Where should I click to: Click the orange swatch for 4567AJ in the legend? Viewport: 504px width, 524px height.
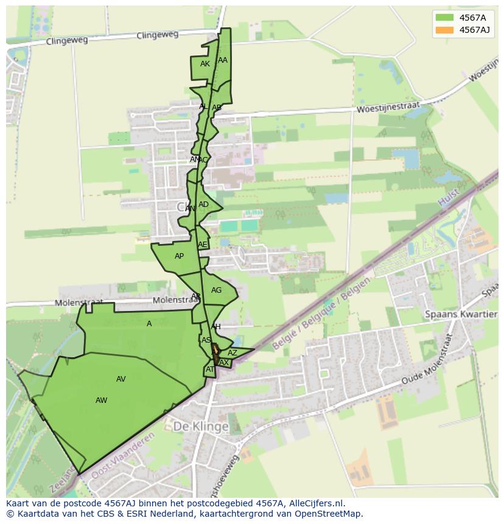(444, 30)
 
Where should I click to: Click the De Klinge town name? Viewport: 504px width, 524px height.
(201, 427)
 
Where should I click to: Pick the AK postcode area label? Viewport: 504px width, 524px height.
(205, 64)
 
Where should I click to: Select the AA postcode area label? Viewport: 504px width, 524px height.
(223, 60)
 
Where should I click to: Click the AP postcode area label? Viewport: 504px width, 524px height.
(179, 256)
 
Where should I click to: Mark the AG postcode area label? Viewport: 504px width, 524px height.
(216, 290)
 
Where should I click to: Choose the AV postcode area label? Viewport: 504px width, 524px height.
(121, 379)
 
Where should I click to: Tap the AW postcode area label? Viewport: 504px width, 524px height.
(102, 400)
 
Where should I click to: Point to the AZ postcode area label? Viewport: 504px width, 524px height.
(233, 353)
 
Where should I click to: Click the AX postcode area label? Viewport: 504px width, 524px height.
(224, 363)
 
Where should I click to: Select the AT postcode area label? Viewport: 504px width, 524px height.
(210, 369)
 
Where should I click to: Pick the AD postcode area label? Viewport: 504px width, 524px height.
(203, 204)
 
